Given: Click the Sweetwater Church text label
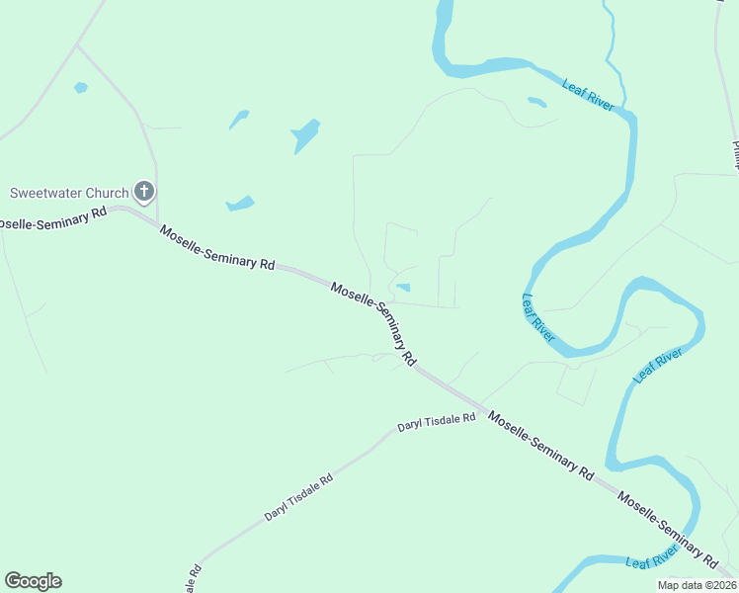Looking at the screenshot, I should pos(69,192).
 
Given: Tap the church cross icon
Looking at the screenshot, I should pos(144,192).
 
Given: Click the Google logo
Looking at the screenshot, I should pos(33,581).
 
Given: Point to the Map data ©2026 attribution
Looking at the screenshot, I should pos(697,585).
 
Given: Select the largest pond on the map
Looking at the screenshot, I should pos(306,135).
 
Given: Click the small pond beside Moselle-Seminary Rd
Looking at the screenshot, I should pos(403,288).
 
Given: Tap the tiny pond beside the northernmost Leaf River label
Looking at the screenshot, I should pos(537,101).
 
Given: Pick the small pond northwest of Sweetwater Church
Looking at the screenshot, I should pos(80,87).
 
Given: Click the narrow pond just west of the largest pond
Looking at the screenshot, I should pos(238,119).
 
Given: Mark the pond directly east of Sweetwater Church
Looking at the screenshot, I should pos(240,204).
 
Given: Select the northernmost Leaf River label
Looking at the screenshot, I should pos(588,95).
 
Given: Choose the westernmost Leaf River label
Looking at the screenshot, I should pos(537,317).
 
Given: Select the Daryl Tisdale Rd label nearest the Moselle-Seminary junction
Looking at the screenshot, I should pos(437,423).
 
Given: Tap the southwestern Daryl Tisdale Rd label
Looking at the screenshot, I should pos(298,497).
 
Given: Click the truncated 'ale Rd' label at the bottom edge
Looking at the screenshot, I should pos(195,577).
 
